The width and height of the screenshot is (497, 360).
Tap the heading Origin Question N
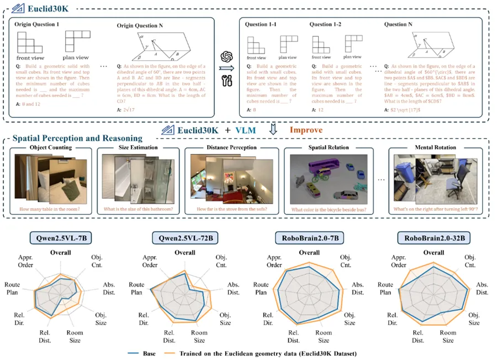pos(141,25)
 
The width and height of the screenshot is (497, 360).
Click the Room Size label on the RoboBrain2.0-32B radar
pos(448,336)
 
